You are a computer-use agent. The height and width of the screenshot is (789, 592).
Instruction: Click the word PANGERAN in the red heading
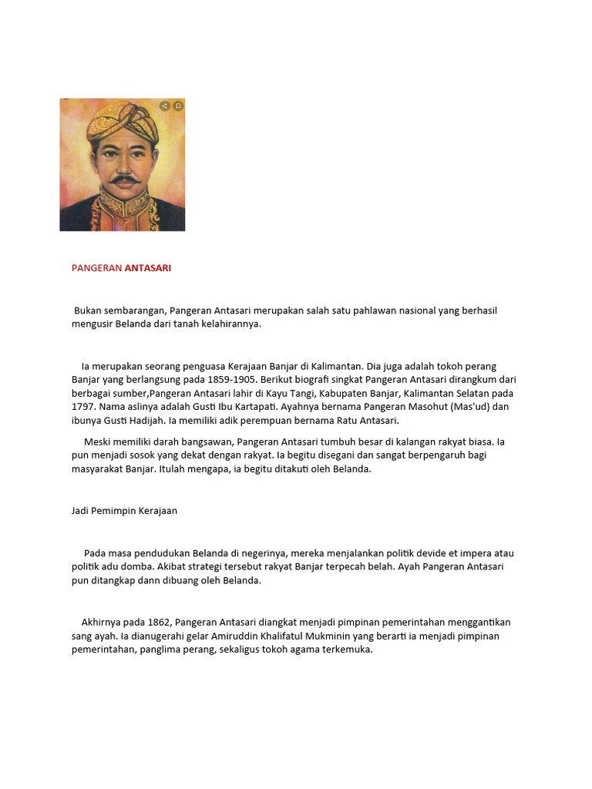click(96, 268)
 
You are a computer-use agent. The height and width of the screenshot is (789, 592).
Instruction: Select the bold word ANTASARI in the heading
click(148, 268)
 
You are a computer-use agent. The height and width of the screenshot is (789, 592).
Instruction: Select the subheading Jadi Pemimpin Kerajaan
click(124, 511)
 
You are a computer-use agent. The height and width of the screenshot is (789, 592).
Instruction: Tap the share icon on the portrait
click(165, 106)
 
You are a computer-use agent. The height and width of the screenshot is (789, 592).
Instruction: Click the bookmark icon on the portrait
click(178, 106)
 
